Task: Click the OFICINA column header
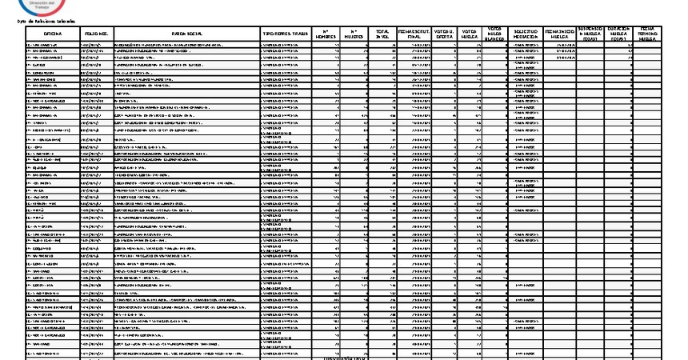pos(52,34)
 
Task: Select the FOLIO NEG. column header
pos(96,34)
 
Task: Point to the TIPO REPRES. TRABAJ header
pos(286,34)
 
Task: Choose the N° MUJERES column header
pos(355,34)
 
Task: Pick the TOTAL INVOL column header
pos(382,34)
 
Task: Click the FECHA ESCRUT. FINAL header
pos(414,34)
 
